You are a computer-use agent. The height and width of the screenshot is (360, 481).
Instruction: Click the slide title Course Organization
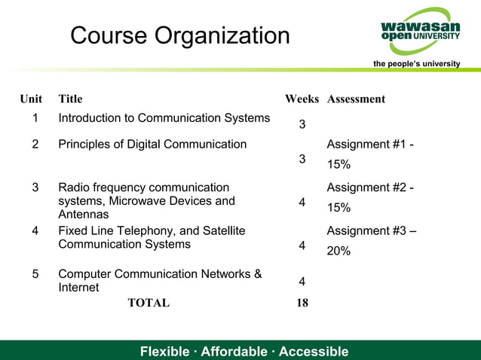point(179,35)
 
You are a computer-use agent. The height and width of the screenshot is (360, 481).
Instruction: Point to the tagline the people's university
point(416,64)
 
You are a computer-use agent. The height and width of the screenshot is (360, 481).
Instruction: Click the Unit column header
point(31,99)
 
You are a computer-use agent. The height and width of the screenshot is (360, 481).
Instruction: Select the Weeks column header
point(302,99)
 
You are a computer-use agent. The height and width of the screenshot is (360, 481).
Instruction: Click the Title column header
point(70,99)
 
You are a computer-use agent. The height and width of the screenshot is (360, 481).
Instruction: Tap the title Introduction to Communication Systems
point(164,118)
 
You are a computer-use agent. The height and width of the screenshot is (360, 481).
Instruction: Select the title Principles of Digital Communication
point(152,144)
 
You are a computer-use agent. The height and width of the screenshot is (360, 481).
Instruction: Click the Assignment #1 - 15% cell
point(369,154)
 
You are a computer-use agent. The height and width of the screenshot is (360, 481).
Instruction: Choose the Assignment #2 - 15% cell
point(369,197)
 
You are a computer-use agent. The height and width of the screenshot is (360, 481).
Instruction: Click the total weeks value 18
point(302,304)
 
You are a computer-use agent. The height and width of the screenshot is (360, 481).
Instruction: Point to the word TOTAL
point(149,304)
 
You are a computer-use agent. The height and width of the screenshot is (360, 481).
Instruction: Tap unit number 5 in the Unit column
point(35,274)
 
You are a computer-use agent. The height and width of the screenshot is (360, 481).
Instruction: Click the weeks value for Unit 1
point(302,124)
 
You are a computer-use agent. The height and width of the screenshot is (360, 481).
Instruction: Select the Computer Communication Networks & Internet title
point(160,280)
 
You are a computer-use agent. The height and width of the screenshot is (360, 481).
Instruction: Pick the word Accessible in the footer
point(314,352)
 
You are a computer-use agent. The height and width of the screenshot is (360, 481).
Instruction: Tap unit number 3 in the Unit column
point(35,188)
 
